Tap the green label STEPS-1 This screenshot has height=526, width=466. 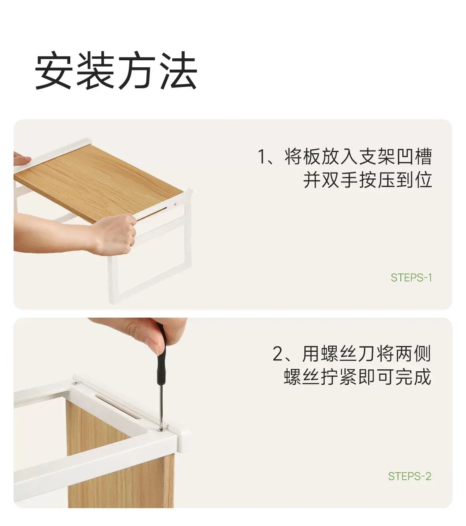[x=411, y=278]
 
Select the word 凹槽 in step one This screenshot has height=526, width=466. [x=414, y=156]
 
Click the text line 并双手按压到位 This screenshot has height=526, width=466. [x=367, y=179]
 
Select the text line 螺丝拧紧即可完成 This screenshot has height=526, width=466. [x=358, y=376]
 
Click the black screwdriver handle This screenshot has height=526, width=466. [x=161, y=363]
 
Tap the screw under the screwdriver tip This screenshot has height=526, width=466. [x=161, y=430]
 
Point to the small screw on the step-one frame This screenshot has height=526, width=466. [x=175, y=204]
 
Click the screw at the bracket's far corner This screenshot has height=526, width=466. [x=76, y=383]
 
